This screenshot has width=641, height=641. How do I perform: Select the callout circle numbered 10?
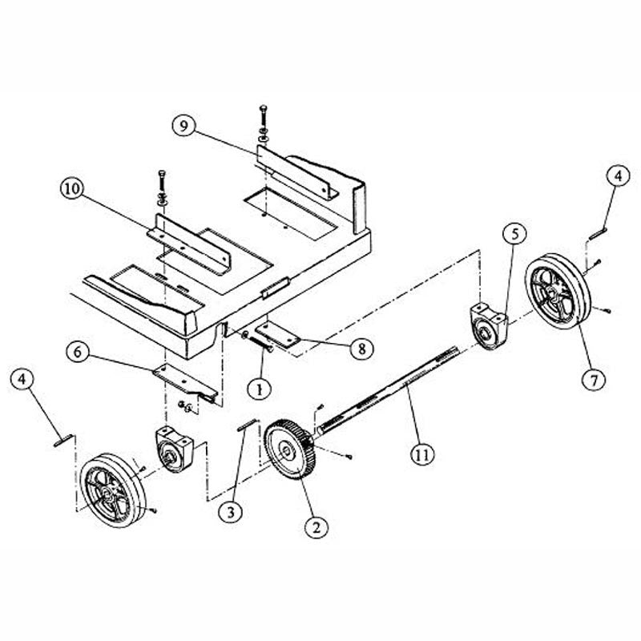pyautogui.click(x=71, y=190)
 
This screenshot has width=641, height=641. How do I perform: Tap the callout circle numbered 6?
pyautogui.click(x=78, y=351)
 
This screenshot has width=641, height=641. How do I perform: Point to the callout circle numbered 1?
pyautogui.click(x=258, y=389)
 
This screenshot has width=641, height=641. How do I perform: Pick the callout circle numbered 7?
pyautogui.click(x=594, y=381)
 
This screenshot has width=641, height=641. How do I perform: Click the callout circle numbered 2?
pyautogui.click(x=316, y=526)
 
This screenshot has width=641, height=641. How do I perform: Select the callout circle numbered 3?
pyautogui.click(x=232, y=510)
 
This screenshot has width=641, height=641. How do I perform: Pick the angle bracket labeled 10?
pyautogui.click(x=192, y=240)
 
